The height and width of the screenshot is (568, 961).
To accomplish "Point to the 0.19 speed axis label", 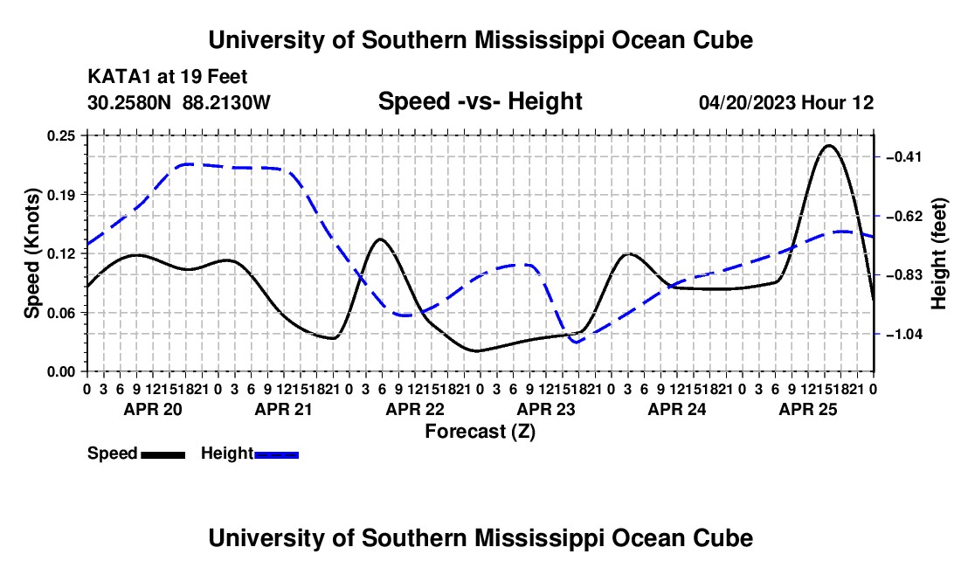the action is pyautogui.click(x=60, y=195).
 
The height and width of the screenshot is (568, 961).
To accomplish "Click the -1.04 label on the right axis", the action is pyautogui.click(x=904, y=335).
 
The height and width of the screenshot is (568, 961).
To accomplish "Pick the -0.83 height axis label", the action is pyautogui.click(x=904, y=275).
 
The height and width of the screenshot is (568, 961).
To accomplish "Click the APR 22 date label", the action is pyautogui.click(x=415, y=409).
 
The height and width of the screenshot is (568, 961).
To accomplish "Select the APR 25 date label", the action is pyautogui.click(x=808, y=409).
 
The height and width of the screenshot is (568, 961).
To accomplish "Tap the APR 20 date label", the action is pyautogui.click(x=153, y=409).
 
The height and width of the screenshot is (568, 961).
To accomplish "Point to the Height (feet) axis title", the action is pyautogui.click(x=939, y=253).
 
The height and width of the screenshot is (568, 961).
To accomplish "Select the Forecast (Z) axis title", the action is pyautogui.click(x=480, y=432).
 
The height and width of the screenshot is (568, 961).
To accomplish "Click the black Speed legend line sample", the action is pyautogui.click(x=163, y=455).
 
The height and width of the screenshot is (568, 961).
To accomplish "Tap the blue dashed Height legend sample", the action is pyautogui.click(x=276, y=455).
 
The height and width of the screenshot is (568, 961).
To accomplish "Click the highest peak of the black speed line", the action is pyautogui.click(x=828, y=146).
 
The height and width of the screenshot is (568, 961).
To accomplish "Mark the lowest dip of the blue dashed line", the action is pyautogui.click(x=576, y=342).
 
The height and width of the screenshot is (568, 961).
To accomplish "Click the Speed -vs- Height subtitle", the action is pyautogui.click(x=480, y=101).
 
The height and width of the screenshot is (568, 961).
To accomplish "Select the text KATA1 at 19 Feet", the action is pyautogui.click(x=168, y=77).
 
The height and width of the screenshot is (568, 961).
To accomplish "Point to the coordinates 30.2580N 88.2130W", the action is pyautogui.click(x=178, y=102).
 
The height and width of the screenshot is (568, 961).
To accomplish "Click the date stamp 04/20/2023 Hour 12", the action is pyautogui.click(x=786, y=102).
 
